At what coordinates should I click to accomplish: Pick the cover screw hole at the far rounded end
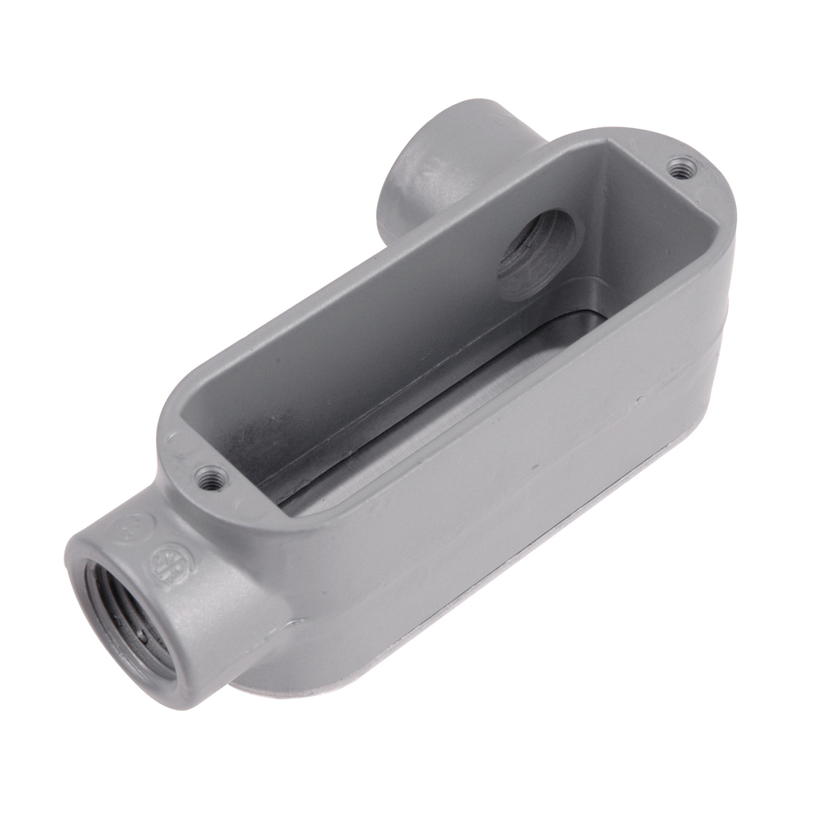(x=680, y=167)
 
